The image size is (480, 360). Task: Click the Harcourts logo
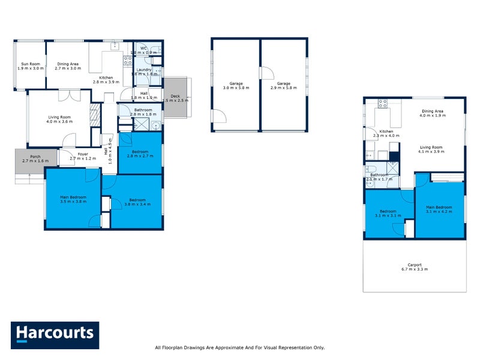coord(55,335)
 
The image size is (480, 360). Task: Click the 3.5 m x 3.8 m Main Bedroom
coord(73,199)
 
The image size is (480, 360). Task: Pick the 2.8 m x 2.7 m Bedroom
coord(139,154)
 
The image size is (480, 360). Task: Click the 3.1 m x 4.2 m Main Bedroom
coord(439,209)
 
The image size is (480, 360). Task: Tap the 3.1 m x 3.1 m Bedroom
coord(388,213)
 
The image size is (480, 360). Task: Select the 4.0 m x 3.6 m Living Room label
coord(60,119)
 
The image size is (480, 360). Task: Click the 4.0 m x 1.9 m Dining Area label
coord(432,113)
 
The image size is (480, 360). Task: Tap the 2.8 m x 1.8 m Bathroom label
coord(143,112)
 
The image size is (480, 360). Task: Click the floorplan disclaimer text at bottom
coord(239,347)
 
